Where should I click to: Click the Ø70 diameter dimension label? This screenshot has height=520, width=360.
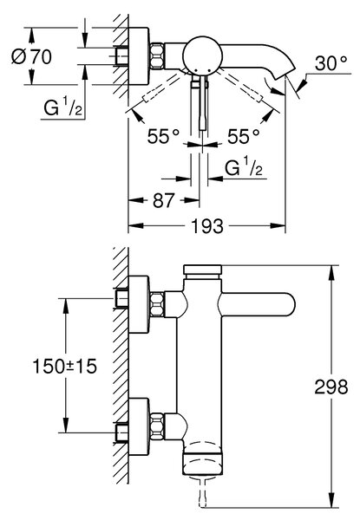click(x=31, y=56)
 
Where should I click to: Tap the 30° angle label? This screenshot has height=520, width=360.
click(x=331, y=63)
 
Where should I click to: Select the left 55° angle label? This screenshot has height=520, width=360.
click(x=163, y=136)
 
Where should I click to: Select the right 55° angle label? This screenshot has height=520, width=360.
click(x=243, y=136)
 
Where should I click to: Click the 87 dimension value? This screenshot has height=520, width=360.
click(x=163, y=200)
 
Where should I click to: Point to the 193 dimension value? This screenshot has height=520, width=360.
click(x=207, y=226)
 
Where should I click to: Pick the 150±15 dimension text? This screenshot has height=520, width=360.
click(x=65, y=367)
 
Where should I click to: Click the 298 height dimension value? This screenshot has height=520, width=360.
click(x=331, y=387)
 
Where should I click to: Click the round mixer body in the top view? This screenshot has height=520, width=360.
click(x=202, y=55)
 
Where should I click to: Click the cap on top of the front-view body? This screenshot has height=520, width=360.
click(x=202, y=271)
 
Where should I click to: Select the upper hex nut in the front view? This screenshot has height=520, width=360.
click(x=157, y=304)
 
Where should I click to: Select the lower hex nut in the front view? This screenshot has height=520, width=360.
click(x=157, y=426)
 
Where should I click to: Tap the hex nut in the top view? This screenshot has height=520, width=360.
click(x=157, y=55)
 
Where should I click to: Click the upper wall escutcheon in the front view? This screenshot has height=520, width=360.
click(x=139, y=304)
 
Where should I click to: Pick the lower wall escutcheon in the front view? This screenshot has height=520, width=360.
click(x=139, y=426)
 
